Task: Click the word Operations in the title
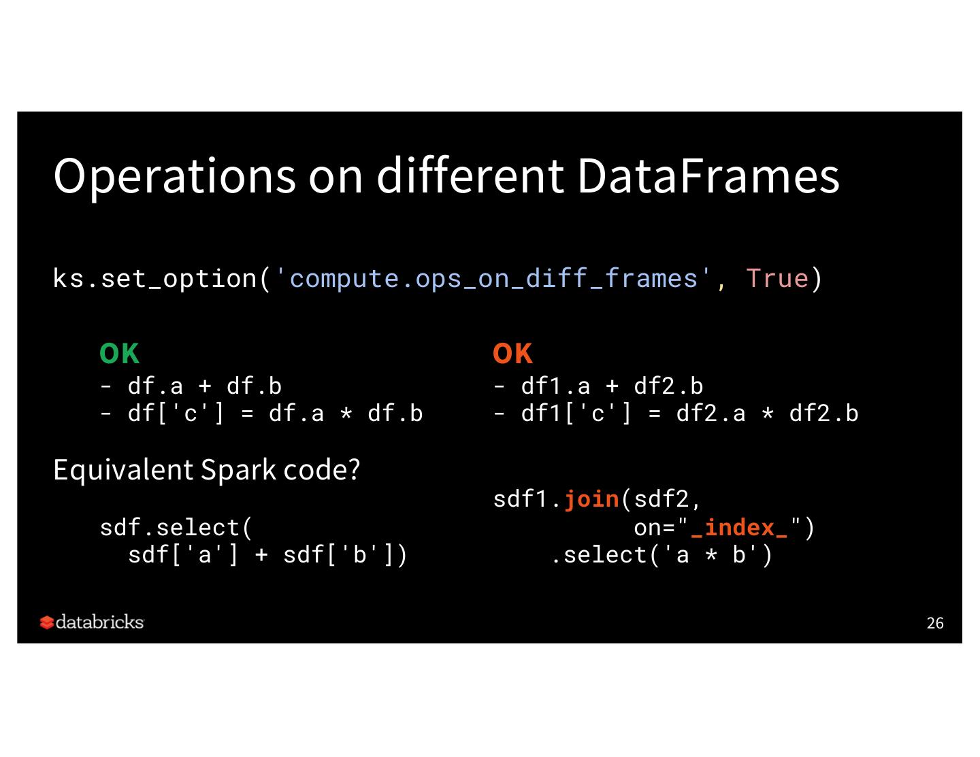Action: pyautogui.click(x=174, y=176)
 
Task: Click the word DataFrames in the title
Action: pyautogui.click(x=708, y=176)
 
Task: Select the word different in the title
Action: pyautogui.click(x=470, y=176)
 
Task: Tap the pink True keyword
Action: pyautogui.click(x=777, y=279)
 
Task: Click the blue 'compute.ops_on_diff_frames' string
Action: pyautogui.click(x=493, y=279)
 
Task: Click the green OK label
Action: pyautogui.click(x=119, y=354)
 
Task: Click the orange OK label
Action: pyautogui.click(x=512, y=354)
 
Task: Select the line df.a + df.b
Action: pyautogui.click(x=204, y=386)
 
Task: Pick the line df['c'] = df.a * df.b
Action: pyautogui.click(x=275, y=414)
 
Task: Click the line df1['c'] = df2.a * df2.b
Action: pyautogui.click(x=689, y=414)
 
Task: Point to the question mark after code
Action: pyautogui.click(x=354, y=470)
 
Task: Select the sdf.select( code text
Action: pyautogui.click(x=176, y=528)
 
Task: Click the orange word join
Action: pyautogui.click(x=591, y=499)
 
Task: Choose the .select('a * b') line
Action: pyautogui.click(x=661, y=555)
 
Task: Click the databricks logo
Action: pyautogui.click(x=92, y=622)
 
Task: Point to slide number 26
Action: pyautogui.click(x=935, y=623)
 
